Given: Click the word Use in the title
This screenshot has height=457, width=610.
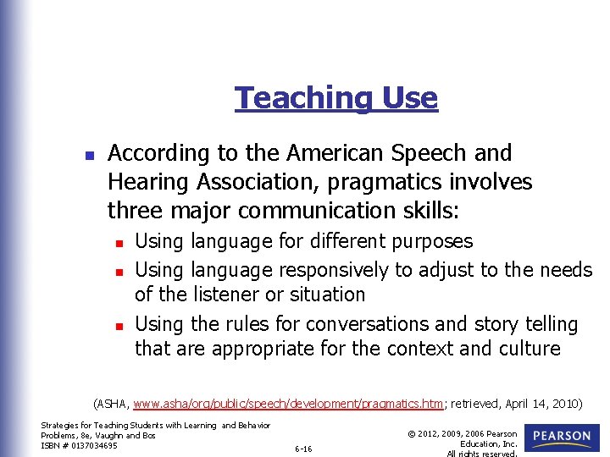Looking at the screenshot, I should pyautogui.click(x=410, y=98).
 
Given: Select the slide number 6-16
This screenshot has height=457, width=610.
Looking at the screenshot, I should pyautogui.click(x=303, y=449).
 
